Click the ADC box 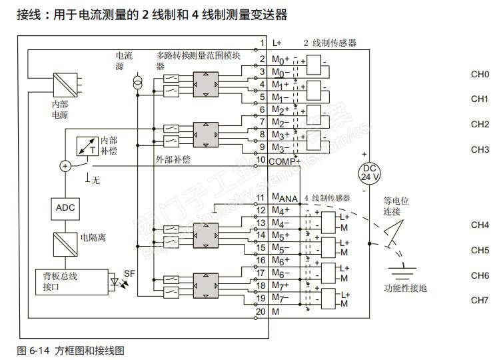click(65, 207)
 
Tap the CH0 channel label click(480, 74)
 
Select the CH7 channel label click(480, 300)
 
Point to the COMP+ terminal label click(285, 160)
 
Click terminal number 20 click(262, 311)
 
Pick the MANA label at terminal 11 click(284, 197)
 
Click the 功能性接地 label click(406, 288)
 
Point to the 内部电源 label click(60, 109)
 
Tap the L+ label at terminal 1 click(277, 43)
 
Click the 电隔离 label click(93, 237)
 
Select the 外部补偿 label click(173, 160)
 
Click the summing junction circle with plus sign click(65, 166)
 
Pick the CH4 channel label click(480, 225)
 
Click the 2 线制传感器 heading click(330, 43)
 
